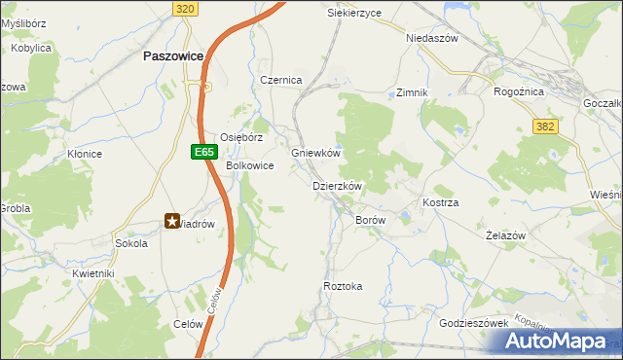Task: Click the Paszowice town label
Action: coord(172,56)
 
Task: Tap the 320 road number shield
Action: coord(187,8)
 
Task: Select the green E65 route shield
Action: coord(202,152)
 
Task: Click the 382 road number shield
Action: coord(545,126)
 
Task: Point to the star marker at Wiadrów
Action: coord(172,222)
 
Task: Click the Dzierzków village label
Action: coord(337,186)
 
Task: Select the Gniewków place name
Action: coord(315,154)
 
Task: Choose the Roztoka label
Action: coord(343,286)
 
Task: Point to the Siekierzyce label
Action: coord(354,13)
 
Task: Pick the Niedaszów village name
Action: coord(431,38)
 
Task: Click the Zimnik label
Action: coord(413,92)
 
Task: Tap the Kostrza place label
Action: coord(440,201)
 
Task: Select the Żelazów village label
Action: coord(505,236)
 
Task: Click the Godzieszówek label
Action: coord(474,322)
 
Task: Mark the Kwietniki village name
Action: coord(93,273)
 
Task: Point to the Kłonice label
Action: coord(85,154)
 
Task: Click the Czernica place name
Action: coord(281,80)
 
